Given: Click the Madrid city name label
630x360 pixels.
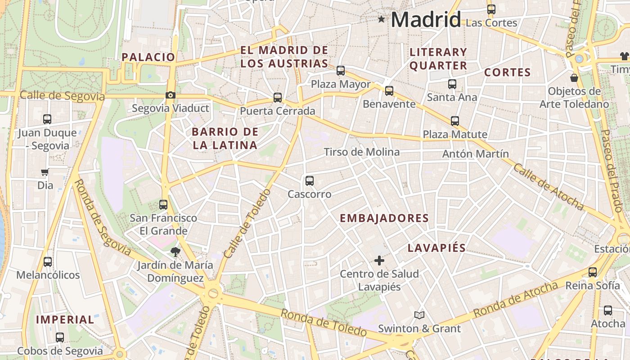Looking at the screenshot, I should coord(426,19).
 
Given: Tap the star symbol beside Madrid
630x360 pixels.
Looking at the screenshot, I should coord(382,19).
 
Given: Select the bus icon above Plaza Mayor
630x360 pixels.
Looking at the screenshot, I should coord(341,71).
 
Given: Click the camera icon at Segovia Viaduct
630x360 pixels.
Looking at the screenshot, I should coord(170,95).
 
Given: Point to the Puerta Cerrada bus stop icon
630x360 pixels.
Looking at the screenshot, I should coord(278,97).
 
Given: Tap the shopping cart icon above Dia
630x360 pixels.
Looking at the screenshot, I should coord(45,172).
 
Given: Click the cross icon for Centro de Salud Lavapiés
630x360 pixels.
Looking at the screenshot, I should coord(379,260).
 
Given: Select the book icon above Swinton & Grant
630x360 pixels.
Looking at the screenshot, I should coord(419,315).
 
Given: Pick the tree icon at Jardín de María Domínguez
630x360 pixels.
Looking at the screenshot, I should coord(175,252).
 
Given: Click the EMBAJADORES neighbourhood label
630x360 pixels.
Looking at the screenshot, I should coord(384,218).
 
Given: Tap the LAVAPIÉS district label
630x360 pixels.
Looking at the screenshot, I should coord(436,248).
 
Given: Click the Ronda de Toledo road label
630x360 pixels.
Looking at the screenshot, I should coord(324,323).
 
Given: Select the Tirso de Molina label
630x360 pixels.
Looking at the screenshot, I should coord(361,152).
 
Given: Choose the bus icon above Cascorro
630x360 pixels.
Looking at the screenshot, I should coord(310,181).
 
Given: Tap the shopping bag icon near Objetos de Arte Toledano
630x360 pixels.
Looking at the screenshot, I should coord(574,78).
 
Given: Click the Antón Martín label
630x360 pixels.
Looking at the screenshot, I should coord(475,154).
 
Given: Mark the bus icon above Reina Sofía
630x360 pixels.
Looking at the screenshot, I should coord(593,272).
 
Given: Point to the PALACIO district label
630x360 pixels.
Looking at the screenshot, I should coord(148,57).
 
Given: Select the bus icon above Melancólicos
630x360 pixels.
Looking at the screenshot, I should coord(48,261).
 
